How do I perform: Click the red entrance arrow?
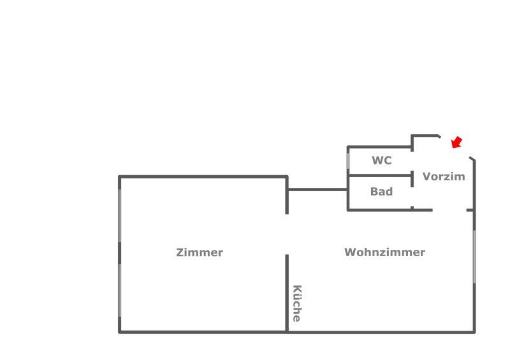point(456,142)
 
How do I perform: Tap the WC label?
point(382,161)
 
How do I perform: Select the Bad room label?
point(381,191)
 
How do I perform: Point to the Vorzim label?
point(444,176)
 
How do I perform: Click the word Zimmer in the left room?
point(200,252)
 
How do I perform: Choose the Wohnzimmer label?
point(384,252)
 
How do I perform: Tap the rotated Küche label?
point(296,303)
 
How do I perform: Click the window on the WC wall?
point(348,160)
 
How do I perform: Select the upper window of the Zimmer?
point(119,215)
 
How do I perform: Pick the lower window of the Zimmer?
point(119,290)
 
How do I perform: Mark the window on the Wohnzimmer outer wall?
point(474,256)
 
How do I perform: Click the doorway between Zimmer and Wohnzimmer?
point(287,234)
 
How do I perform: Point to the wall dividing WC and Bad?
point(379,175)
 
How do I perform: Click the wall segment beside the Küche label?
point(287,293)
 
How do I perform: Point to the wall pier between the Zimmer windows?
point(119,253)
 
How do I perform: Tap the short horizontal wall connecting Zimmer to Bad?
point(317,189)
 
